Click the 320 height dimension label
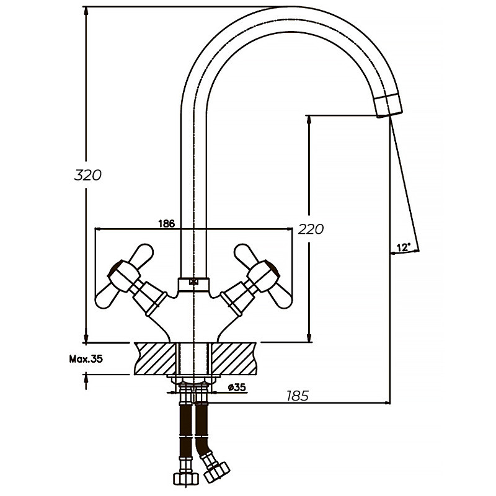click(x=87, y=175)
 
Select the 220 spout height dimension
click(x=311, y=229)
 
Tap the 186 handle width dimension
click(x=167, y=223)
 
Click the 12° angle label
click(x=403, y=247)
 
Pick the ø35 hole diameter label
click(x=237, y=387)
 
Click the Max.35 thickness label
click(x=86, y=358)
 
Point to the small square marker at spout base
click(x=193, y=282)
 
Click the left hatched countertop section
click(x=155, y=358)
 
